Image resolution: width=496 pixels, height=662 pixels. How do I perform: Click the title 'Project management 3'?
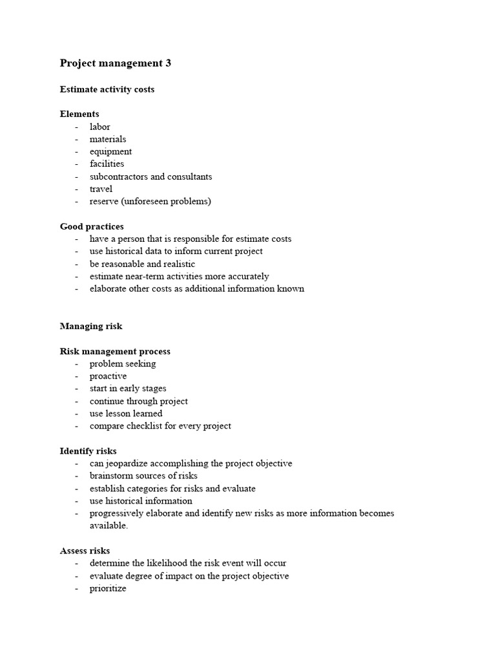(x=116, y=63)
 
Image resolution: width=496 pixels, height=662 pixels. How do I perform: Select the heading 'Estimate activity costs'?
(x=107, y=89)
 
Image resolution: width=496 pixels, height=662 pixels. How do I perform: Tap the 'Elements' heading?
(x=79, y=114)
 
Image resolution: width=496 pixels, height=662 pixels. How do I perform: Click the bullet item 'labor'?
(x=99, y=127)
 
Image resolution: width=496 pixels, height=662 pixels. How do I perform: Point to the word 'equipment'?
(x=110, y=151)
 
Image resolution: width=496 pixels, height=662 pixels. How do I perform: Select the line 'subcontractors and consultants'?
(x=150, y=176)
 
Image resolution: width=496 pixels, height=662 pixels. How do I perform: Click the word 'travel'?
(x=101, y=189)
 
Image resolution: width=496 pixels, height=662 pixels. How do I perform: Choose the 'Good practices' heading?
(x=92, y=226)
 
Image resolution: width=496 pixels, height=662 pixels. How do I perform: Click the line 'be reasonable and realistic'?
(x=142, y=264)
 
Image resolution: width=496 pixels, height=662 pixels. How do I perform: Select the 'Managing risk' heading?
(x=91, y=326)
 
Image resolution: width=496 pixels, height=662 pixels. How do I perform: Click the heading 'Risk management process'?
(x=115, y=352)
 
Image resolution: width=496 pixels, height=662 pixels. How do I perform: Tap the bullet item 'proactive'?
(x=108, y=376)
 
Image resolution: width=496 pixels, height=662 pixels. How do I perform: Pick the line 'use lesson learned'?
(x=126, y=413)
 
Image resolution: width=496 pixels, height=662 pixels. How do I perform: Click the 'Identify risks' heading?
(x=88, y=451)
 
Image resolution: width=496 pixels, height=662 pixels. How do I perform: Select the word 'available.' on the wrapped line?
(x=108, y=526)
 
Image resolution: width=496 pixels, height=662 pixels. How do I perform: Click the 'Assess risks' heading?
(x=85, y=551)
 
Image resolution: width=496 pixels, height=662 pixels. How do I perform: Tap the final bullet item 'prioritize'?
(x=108, y=588)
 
